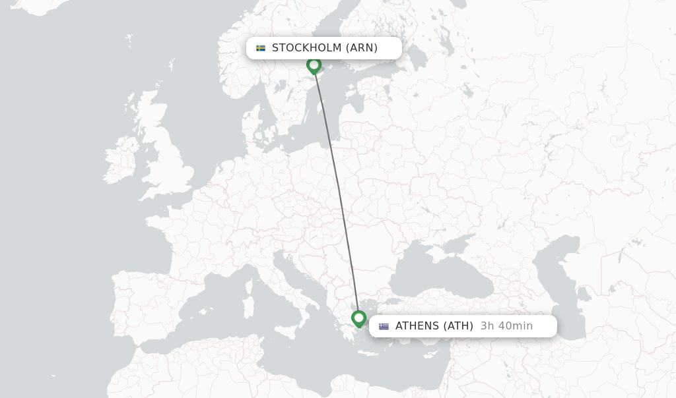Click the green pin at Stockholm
(x=314, y=65)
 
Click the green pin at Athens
(x=358, y=319)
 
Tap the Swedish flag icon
(x=261, y=48)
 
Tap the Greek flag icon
(x=384, y=326)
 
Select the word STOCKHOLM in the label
(x=306, y=48)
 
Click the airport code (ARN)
(x=362, y=48)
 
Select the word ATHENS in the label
(x=417, y=326)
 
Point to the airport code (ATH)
(x=458, y=326)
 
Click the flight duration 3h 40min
(x=506, y=326)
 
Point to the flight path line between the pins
(x=336, y=191)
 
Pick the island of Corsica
(x=250, y=287)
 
